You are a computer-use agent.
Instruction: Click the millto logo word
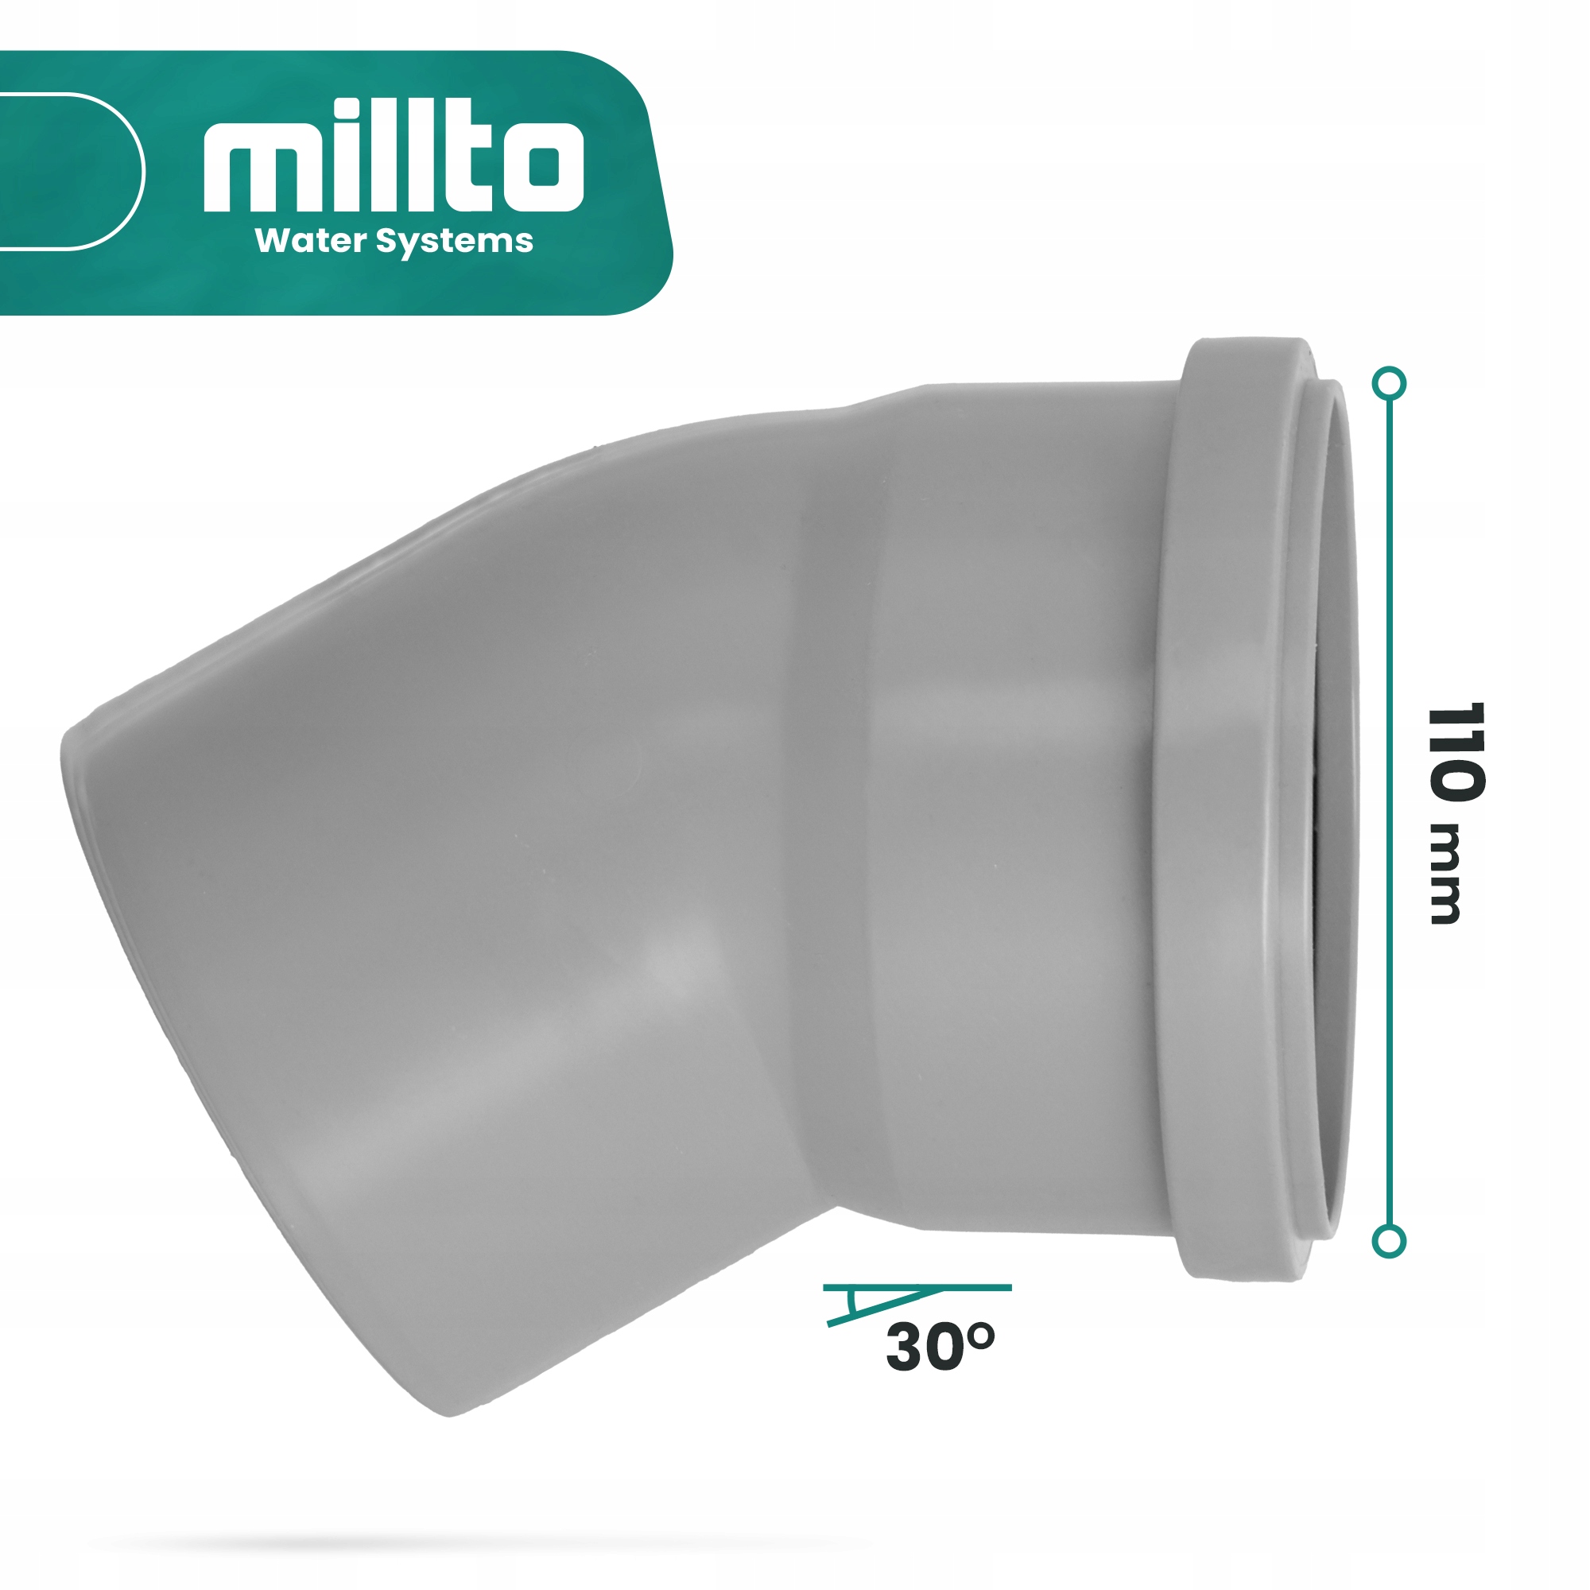click(394, 157)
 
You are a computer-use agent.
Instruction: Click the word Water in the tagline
click(310, 241)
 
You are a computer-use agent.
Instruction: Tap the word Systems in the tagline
click(454, 242)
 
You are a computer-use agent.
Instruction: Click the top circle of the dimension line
click(1390, 383)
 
